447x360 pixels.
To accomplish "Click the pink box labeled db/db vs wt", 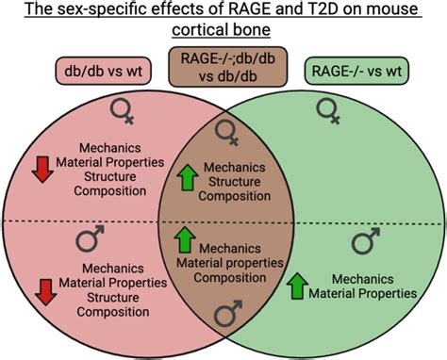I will (x=90, y=72).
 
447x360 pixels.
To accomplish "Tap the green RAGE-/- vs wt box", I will (x=360, y=72).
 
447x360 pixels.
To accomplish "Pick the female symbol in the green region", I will (x=331, y=115).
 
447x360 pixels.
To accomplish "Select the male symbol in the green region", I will (x=367, y=244).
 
